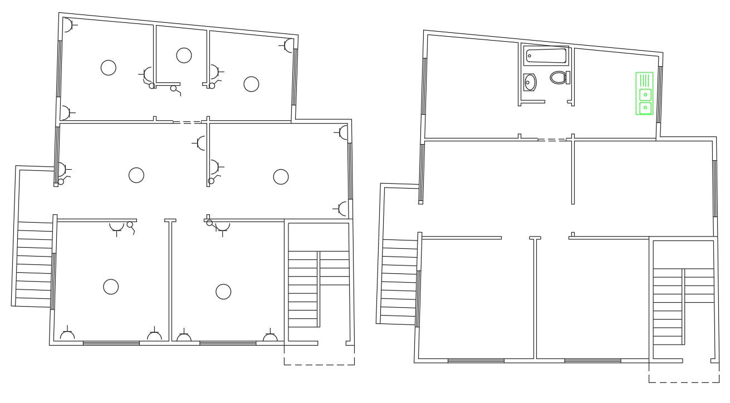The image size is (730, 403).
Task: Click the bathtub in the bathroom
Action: tap(546, 56)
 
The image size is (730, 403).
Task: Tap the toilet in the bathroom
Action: tap(558, 77)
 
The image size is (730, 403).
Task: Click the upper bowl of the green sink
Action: tap(645, 94)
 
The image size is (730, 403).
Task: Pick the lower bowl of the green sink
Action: tap(645, 106)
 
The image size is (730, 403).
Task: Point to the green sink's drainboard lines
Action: tap(644, 80)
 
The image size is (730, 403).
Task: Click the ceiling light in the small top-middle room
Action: tap(184, 55)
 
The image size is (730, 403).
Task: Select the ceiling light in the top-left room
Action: tap(108, 67)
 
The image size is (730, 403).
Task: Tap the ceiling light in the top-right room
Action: tap(251, 83)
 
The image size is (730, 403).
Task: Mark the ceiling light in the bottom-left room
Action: tap(111, 287)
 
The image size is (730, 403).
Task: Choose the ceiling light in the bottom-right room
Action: tap(223, 291)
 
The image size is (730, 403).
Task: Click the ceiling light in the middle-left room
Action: tap(136, 175)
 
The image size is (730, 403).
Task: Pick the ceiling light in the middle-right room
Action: tap(281, 176)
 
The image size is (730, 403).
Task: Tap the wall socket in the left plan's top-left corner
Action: tap(67, 26)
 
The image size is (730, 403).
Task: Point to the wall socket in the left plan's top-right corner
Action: tap(288, 45)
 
